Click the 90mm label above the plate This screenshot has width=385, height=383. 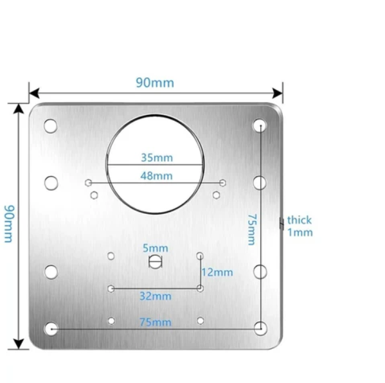(155, 83)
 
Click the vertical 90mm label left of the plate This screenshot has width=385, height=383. (10, 224)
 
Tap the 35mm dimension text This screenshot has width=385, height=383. (157, 157)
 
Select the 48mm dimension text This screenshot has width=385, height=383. (156, 176)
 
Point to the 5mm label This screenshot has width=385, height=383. (156, 248)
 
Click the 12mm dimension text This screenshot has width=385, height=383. (217, 272)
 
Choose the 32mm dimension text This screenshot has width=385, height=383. (156, 296)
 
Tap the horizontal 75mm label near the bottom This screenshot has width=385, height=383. (156, 322)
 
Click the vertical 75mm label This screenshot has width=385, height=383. (252, 229)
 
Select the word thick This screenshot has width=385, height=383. (300, 220)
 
